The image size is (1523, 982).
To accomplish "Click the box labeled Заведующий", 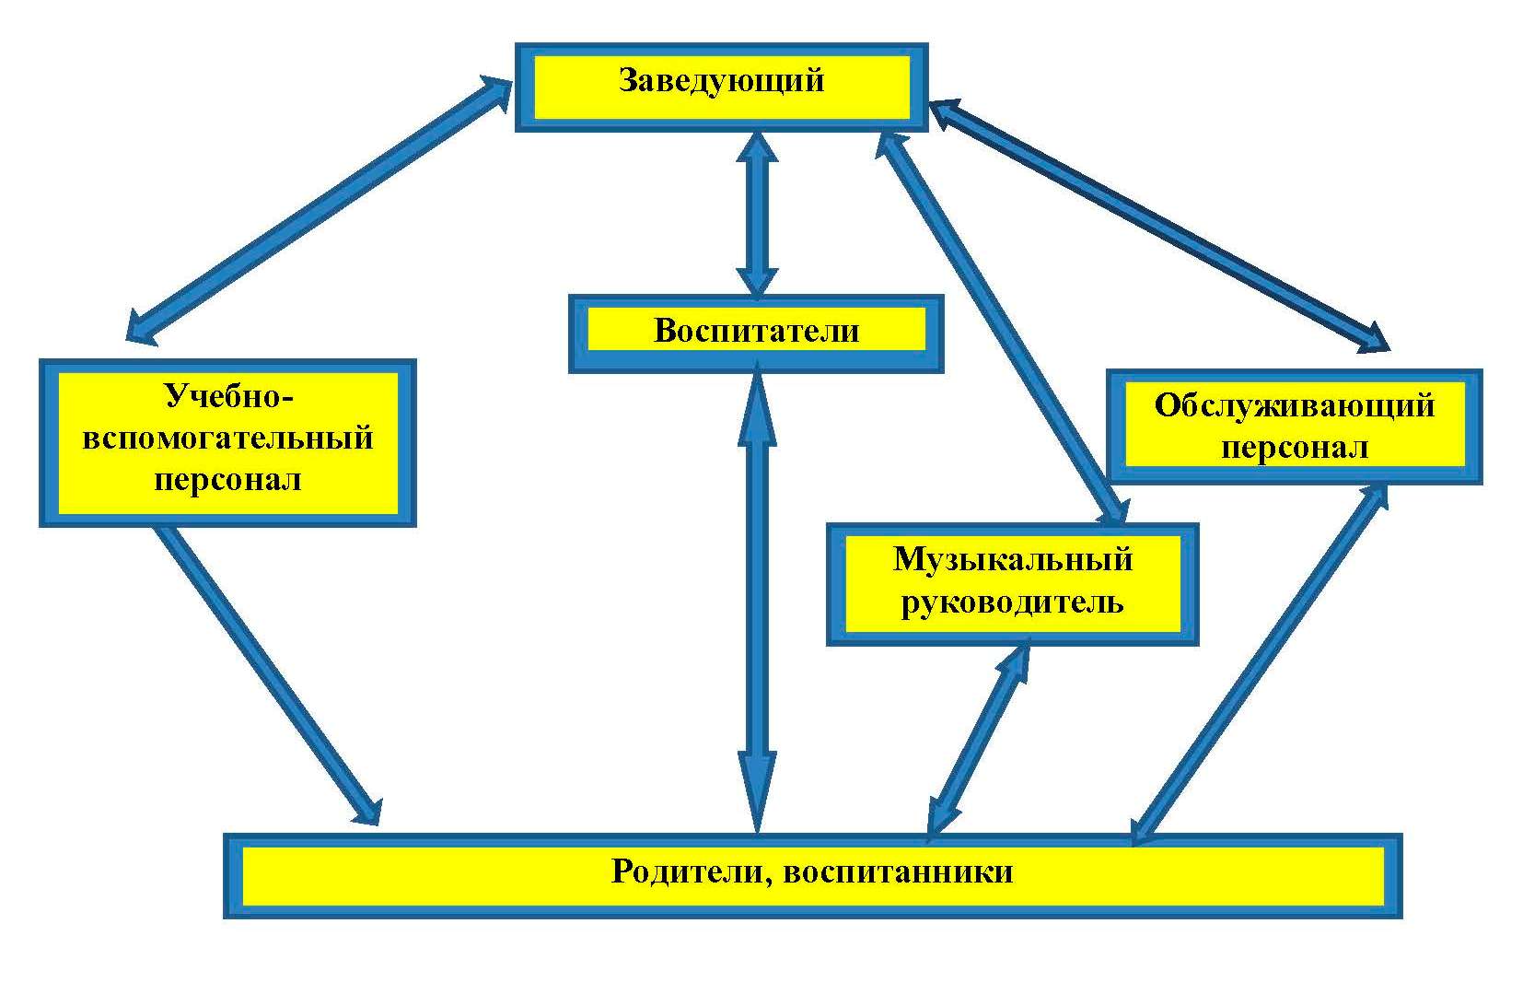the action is coord(721,87).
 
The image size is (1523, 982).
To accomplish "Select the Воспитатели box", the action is coord(756,333).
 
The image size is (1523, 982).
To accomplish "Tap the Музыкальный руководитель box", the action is coord(1012,584).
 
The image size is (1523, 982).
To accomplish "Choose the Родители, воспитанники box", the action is coord(813,876).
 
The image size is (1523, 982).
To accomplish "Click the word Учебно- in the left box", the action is coord(228,396).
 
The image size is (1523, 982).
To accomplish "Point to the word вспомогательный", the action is coord(227,438).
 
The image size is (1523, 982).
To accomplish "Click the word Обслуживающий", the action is coord(1295,406).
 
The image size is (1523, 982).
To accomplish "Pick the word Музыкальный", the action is coord(1012,560).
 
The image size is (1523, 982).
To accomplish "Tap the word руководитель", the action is coord(1012,602).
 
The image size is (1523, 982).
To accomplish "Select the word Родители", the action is coord(692,872).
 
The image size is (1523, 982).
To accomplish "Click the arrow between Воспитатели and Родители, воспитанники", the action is coord(757,604).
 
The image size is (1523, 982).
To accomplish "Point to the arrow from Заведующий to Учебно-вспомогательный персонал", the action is coord(319,209).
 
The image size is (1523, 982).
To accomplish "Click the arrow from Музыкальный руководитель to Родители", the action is coord(979,740).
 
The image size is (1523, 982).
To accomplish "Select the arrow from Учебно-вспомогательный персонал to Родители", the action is coord(269,675).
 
